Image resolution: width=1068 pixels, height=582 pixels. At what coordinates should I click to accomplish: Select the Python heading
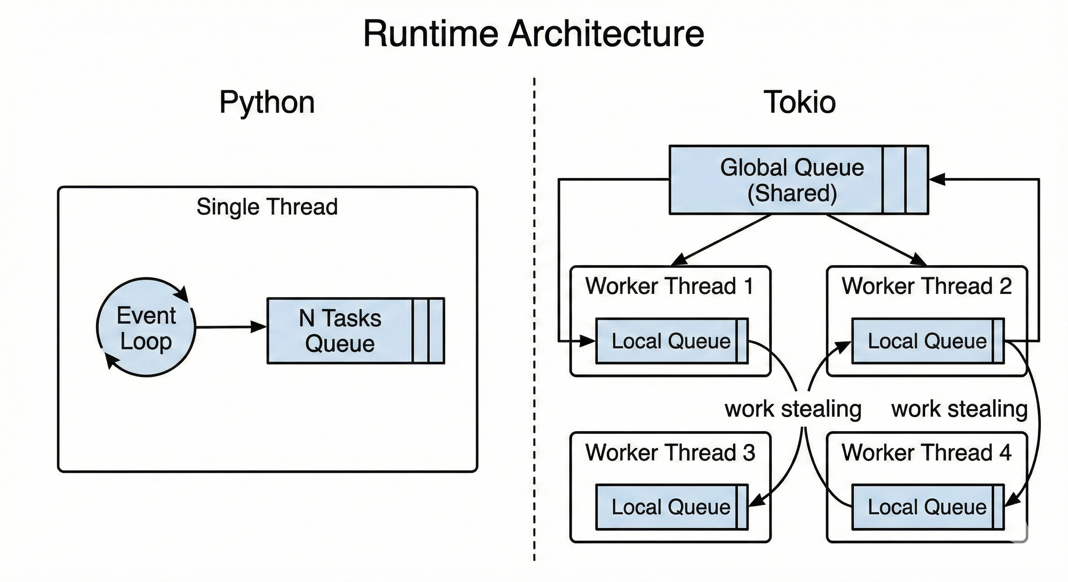(267, 102)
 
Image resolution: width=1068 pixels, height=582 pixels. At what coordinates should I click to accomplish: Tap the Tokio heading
(799, 102)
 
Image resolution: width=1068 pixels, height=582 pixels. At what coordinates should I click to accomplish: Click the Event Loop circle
(146, 327)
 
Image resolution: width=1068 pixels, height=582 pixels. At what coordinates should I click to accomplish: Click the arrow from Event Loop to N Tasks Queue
(231, 327)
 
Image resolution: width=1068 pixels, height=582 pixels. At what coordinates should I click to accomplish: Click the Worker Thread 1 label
(669, 286)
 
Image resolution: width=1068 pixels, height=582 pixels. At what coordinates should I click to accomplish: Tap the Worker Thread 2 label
(927, 286)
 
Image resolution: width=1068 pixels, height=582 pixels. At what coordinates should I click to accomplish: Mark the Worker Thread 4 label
(927, 452)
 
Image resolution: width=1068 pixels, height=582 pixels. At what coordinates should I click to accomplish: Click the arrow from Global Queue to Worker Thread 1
(721, 239)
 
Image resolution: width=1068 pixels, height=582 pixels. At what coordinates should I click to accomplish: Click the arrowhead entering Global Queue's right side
(937, 179)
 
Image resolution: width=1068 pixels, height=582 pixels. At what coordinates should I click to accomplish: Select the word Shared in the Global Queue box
(792, 193)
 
